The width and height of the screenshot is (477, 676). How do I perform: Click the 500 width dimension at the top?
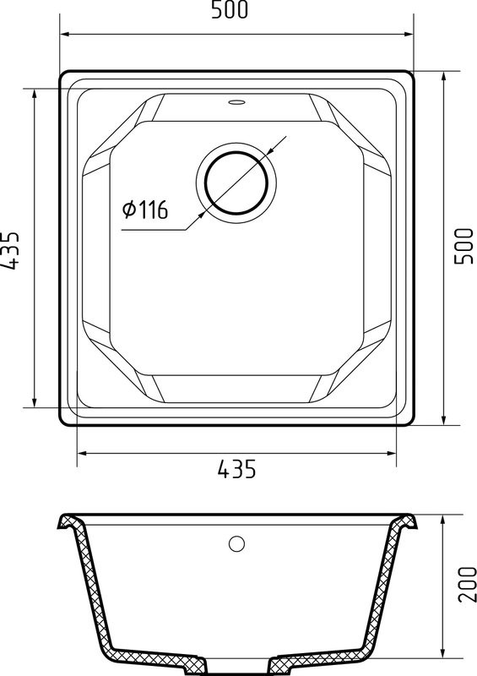click(x=230, y=10)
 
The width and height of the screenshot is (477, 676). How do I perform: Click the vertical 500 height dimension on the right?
click(x=463, y=246)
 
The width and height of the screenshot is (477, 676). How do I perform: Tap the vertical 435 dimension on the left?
click(x=11, y=250)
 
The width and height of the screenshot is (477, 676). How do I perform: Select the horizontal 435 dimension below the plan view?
click(x=236, y=469)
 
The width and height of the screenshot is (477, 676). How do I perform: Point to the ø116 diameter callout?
click(x=145, y=210)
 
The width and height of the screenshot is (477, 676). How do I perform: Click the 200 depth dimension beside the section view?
click(x=467, y=584)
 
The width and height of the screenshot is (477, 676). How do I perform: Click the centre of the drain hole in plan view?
click(x=236, y=183)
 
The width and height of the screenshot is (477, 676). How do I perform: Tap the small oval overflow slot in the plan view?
click(x=236, y=102)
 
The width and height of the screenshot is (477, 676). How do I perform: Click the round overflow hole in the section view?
click(x=236, y=543)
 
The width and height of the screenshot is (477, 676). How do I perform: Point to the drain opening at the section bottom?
click(x=236, y=669)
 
